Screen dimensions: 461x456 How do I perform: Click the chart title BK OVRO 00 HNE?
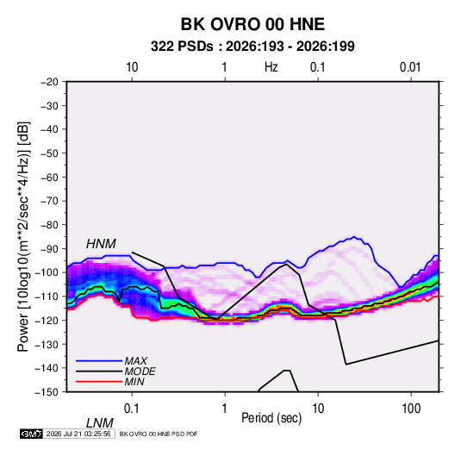[x=252, y=24]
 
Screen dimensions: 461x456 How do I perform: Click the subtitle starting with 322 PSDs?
[x=252, y=47]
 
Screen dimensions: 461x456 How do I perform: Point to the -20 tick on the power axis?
[x=49, y=82]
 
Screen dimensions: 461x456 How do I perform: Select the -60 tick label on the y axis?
[x=49, y=177]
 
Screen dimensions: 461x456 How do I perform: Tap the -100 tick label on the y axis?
[x=47, y=272]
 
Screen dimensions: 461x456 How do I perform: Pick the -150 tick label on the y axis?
[x=47, y=392]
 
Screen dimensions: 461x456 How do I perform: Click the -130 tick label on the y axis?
[x=47, y=344]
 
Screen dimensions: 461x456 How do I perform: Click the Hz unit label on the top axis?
[x=271, y=67]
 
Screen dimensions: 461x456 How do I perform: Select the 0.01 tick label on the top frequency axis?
[x=410, y=67]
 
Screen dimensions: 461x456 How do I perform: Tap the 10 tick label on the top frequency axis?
[x=132, y=67]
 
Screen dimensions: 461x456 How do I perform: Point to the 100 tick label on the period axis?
[x=411, y=409]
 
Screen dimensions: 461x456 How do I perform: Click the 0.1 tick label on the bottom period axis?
[x=132, y=409]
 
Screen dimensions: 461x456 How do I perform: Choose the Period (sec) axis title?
[x=271, y=418]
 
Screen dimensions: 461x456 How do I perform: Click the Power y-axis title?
[x=23, y=237]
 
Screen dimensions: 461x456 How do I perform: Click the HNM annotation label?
[x=101, y=244]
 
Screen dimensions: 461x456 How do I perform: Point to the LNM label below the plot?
[x=100, y=423]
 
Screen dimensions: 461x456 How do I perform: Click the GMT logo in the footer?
[x=31, y=434]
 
